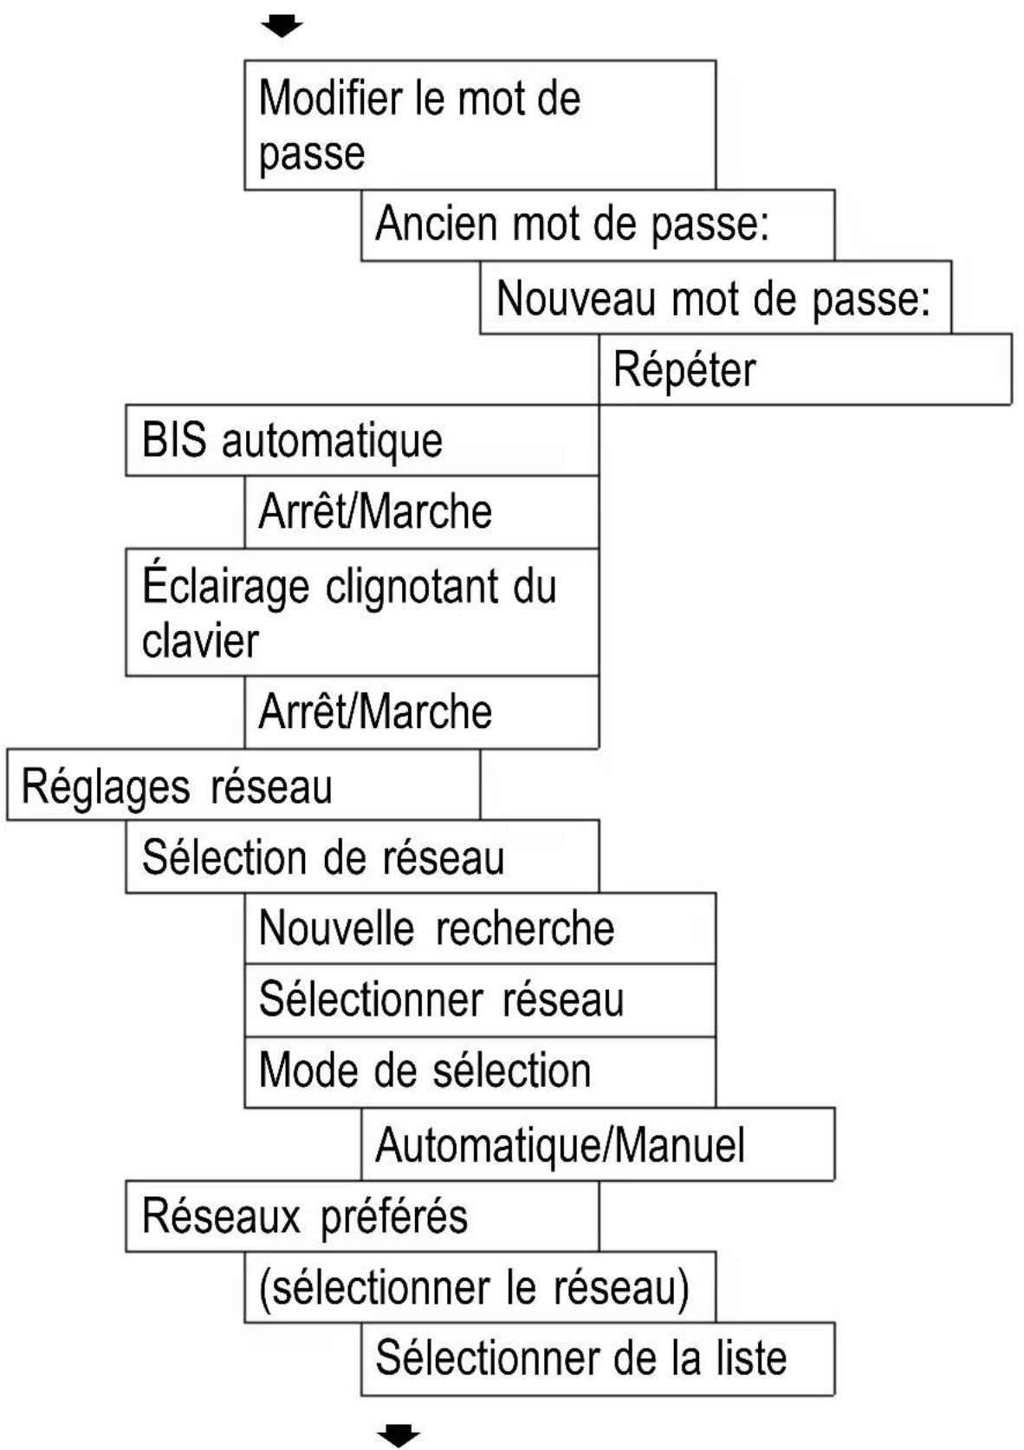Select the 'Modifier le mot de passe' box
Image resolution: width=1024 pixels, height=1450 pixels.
coord(479,125)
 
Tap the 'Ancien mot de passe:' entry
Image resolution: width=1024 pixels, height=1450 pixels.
coord(597,224)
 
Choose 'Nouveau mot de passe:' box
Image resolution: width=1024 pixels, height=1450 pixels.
coord(715,298)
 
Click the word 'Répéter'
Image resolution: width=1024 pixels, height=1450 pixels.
coord(684,370)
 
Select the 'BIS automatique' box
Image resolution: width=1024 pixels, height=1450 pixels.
coord(361,440)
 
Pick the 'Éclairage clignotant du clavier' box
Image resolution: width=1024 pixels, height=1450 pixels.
coord(361,612)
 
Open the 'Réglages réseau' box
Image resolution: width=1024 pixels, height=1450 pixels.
coord(243,786)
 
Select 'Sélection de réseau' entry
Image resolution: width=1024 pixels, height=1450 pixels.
coord(361,857)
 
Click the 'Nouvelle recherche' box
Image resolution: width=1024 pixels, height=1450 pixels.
coord(479,928)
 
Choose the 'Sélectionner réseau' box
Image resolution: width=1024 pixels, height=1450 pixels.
coord(479,999)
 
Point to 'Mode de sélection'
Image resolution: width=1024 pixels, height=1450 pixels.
coord(425,1070)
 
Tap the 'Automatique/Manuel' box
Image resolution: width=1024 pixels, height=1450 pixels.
coord(597,1144)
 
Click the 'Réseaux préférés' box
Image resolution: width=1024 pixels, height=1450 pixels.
coord(361,1215)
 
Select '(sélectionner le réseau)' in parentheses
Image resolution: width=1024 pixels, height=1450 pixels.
coord(479,1287)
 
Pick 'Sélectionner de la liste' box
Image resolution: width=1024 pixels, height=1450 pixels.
coord(597,1358)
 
